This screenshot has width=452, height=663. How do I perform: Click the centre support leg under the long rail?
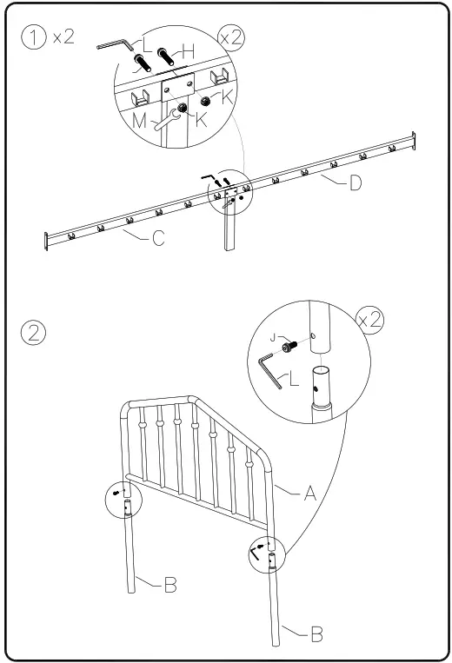pyautogui.click(x=229, y=225)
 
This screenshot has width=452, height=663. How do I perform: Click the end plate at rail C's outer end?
pyautogui.click(x=46, y=240)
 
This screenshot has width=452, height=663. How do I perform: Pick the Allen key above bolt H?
pyautogui.click(x=113, y=44)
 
